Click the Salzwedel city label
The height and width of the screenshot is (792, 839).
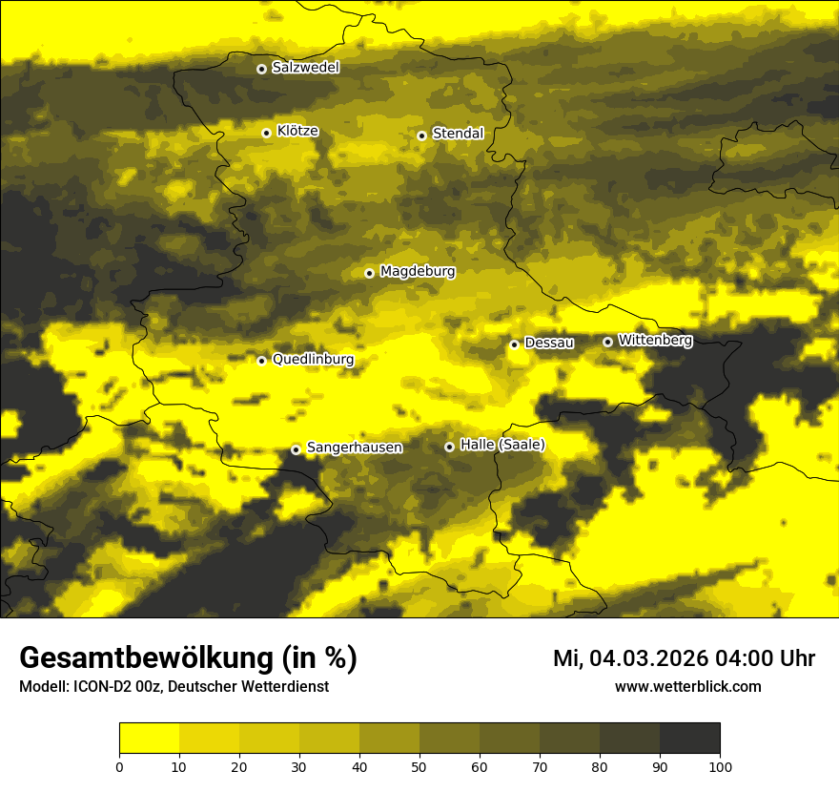[305, 68]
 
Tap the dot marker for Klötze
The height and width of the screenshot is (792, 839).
[266, 133]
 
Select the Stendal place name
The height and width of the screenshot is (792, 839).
[458, 134]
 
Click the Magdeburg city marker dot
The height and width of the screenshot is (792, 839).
[369, 273]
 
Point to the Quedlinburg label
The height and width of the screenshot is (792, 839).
[313, 360]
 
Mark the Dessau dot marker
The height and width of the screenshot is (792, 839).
[514, 344]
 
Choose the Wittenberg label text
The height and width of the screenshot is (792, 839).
[655, 340]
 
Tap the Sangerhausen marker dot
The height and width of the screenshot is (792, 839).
[296, 449]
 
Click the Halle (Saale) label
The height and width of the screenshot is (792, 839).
[502, 445]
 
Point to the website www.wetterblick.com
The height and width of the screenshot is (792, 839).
[687, 686]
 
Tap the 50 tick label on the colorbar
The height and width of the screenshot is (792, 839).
[419, 766]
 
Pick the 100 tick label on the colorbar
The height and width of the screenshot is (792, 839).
[720, 766]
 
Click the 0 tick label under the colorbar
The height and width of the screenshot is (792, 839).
[119, 766]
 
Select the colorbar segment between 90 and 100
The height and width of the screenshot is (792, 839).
[689, 739]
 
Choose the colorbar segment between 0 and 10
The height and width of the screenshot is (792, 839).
[149, 739]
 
